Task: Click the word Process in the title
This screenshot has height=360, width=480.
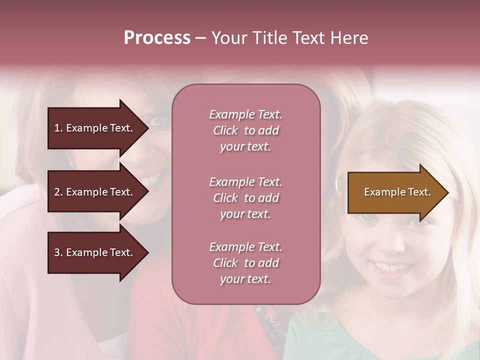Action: (157, 38)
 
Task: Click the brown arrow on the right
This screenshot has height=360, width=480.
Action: (395, 192)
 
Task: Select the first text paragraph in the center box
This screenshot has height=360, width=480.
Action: (245, 130)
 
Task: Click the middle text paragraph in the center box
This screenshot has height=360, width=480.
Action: (245, 198)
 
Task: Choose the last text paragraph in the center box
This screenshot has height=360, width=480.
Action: (245, 263)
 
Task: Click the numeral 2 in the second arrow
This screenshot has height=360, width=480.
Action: (57, 192)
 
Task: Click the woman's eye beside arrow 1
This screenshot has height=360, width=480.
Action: (159, 120)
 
